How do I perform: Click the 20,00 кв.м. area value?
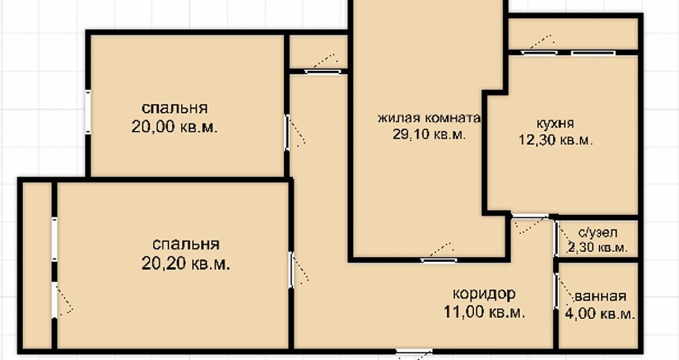[175, 127]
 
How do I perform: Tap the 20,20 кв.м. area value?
[185, 264]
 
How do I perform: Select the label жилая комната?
[429, 118]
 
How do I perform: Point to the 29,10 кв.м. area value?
[429, 134]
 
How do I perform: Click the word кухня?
[555, 124]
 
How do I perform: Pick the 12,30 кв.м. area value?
[555, 140]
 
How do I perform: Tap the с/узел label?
[598, 233]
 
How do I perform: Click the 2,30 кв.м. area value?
[598, 248]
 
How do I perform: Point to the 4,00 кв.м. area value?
[600, 314]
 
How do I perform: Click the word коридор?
[484, 294]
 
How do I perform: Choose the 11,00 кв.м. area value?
[484, 312]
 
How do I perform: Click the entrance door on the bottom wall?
[414, 352]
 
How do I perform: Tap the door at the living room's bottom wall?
[439, 260]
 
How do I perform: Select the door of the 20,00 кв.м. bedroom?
[287, 132]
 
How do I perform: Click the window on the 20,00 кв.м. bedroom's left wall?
[88, 111]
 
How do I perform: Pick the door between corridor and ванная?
[556, 291]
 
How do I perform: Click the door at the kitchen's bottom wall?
[530, 215]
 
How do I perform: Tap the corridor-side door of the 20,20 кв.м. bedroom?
[291, 270]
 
